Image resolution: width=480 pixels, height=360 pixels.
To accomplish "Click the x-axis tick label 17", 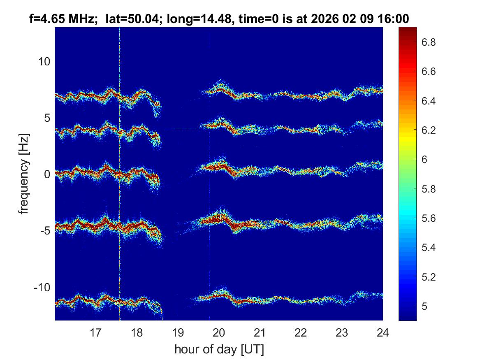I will (95, 332).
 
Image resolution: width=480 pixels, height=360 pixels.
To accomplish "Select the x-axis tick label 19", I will (178, 332).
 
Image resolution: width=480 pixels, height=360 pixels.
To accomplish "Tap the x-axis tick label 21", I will (260, 332).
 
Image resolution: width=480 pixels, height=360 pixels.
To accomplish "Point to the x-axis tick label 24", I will (383, 332).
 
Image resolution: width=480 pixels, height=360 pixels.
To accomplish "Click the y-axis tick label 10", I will (44, 62).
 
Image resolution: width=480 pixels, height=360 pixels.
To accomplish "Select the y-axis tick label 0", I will (46, 174).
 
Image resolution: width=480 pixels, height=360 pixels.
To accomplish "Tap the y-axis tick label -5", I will (44, 230).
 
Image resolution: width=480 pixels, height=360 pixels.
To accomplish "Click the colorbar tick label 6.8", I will (429, 42).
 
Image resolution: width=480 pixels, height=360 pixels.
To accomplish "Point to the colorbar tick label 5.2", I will (429, 277).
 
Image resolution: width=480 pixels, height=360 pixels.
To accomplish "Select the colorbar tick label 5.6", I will (429, 218).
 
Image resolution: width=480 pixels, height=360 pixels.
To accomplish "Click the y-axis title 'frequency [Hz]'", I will (24, 174).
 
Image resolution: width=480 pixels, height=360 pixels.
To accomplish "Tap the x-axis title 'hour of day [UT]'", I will (219, 350).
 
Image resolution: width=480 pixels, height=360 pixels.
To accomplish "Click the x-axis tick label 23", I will (342, 332).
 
